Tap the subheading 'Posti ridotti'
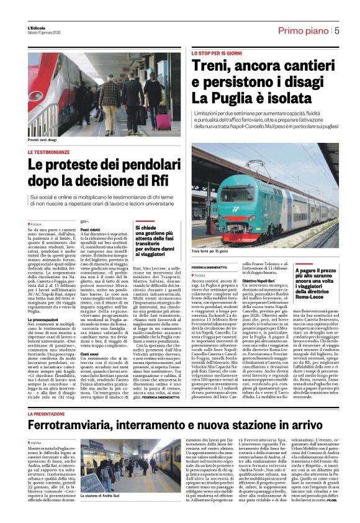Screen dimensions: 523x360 click(x=91, y=229)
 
